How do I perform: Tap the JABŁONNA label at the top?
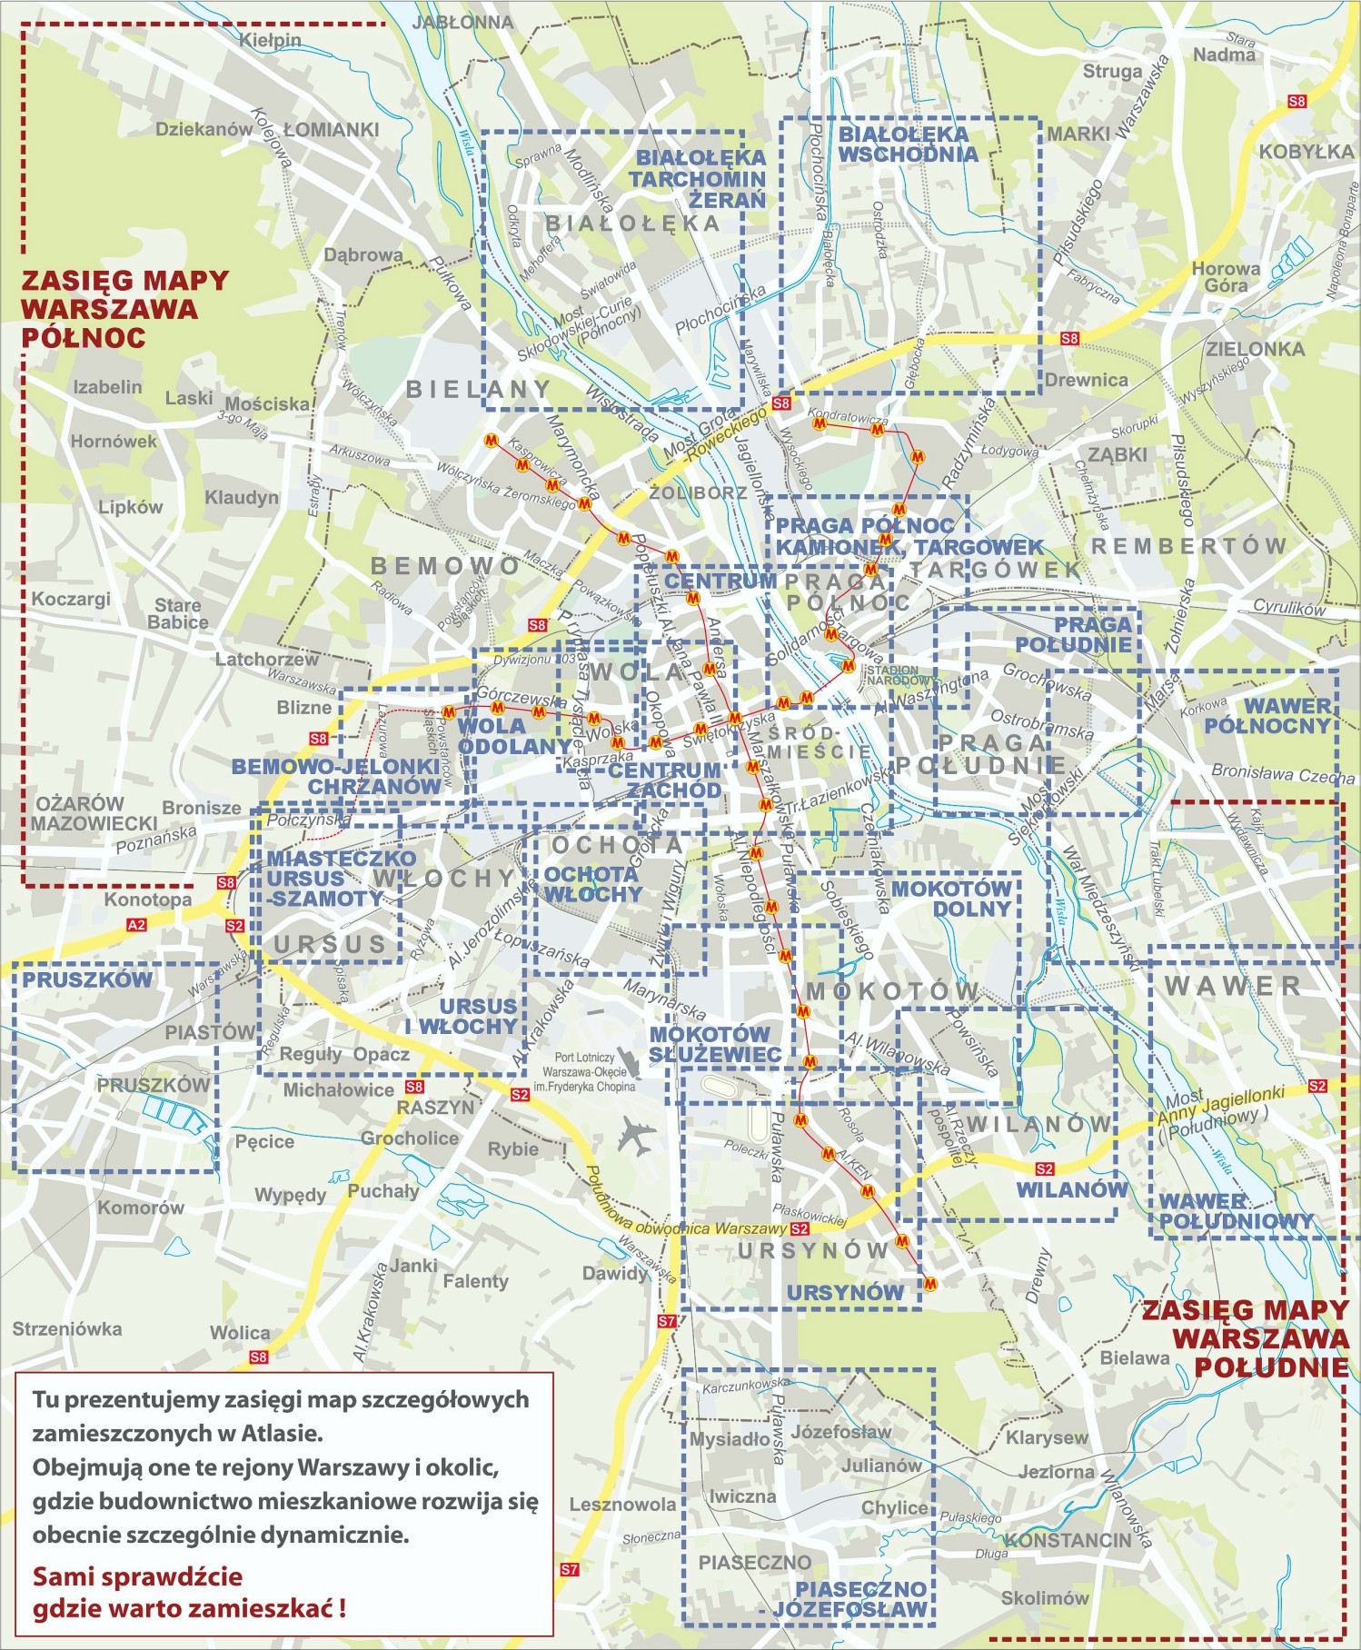click(462, 22)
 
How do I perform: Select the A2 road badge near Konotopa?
click(135, 925)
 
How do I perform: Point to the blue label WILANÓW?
click(1071, 1189)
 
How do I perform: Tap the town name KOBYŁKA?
click(1306, 152)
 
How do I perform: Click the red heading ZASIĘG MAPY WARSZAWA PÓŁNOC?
click(124, 308)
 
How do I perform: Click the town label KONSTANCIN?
click(1068, 1540)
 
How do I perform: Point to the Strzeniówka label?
click(66, 1328)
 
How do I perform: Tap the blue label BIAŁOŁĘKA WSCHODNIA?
click(908, 144)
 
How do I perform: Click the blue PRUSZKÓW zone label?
click(87, 979)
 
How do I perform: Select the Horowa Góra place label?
click(1226, 277)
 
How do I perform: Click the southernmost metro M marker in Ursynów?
click(929, 1284)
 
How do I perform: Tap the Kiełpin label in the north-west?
click(270, 40)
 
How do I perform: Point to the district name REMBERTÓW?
click(1188, 546)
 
